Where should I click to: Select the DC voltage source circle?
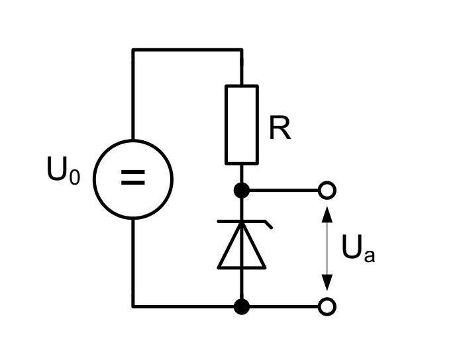point(133,179)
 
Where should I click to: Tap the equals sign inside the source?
point(133,179)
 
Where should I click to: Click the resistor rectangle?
point(242,124)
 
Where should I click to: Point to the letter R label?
point(280,130)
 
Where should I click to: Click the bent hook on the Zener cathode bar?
point(267,225)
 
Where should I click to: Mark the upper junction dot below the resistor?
point(242,191)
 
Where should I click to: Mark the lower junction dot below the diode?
point(242,306)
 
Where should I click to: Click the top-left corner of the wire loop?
point(133,50)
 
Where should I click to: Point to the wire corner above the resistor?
point(242,50)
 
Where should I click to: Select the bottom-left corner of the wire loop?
point(133,306)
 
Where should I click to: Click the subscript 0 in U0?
point(74,178)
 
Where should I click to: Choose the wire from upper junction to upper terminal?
point(283,191)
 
